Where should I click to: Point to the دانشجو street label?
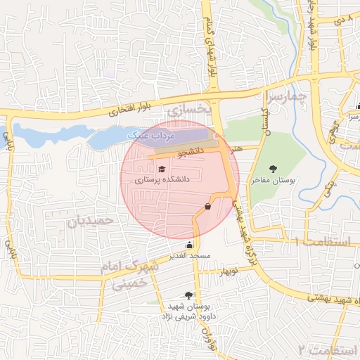point(191,150)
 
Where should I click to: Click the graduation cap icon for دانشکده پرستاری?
point(162,169)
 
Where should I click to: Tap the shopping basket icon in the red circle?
point(207,206)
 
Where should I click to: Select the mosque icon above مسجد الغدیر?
point(189,245)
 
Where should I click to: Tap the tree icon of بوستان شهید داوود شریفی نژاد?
point(188,295)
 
